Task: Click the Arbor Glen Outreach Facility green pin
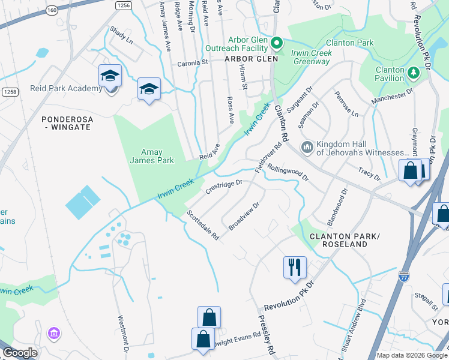point(276,43)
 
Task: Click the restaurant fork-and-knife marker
point(295,266)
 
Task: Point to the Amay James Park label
point(152,156)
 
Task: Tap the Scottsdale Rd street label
point(203,225)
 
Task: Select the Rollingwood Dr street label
point(288,173)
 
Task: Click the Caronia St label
point(192,62)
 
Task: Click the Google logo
point(20,353)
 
